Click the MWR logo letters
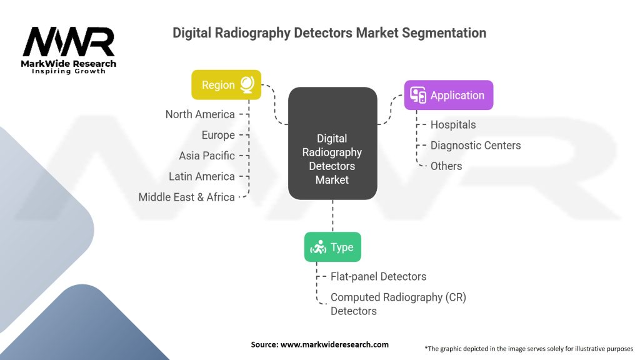click(x=68, y=42)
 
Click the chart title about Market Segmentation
click(x=329, y=33)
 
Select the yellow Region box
click(x=226, y=85)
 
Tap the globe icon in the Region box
click(x=246, y=85)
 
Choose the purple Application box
click(x=448, y=96)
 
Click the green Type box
click(x=332, y=247)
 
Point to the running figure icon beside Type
click(x=317, y=247)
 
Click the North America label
click(x=200, y=114)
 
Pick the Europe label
click(x=218, y=135)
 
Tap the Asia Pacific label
click(x=207, y=156)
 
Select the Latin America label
click(x=202, y=176)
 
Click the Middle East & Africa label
click(x=187, y=197)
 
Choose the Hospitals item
click(x=453, y=124)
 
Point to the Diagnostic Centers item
click(x=476, y=145)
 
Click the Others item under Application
click(x=446, y=166)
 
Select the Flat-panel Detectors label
click(x=378, y=276)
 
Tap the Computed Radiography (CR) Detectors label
click(x=398, y=304)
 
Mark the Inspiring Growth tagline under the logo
click(x=69, y=71)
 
